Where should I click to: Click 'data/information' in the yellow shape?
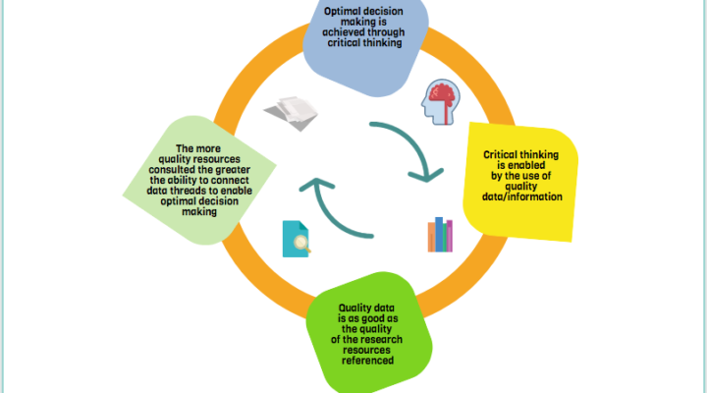click(x=522, y=196)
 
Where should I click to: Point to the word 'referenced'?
click(x=369, y=361)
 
